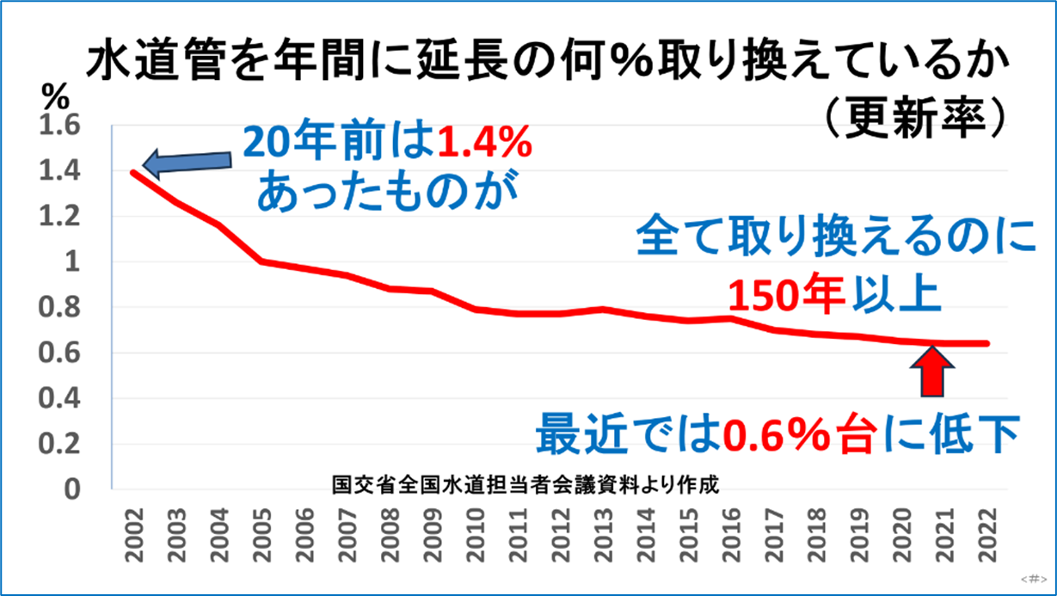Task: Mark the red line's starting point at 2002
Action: click(133, 172)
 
